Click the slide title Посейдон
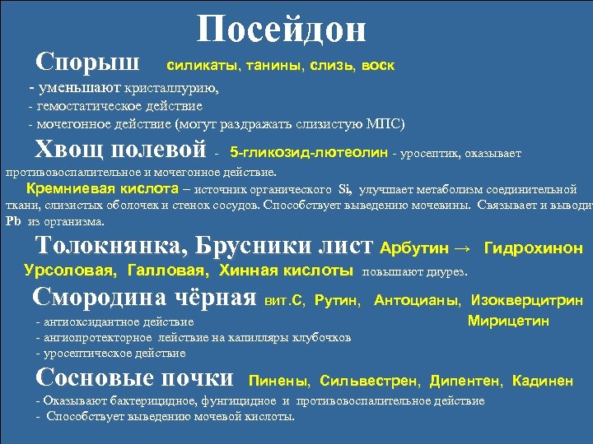pos(282,30)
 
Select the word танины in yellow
pos(262,64)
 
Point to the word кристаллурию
pos(172,86)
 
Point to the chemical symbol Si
pos(345,188)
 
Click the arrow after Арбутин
pos(465,247)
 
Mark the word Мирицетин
pos(508,321)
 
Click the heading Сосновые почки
pos(136,378)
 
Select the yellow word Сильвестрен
pos(370,381)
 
